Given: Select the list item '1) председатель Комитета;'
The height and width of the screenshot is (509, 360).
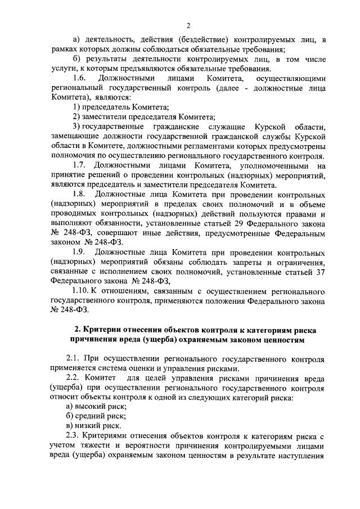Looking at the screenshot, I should coord(112,106).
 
